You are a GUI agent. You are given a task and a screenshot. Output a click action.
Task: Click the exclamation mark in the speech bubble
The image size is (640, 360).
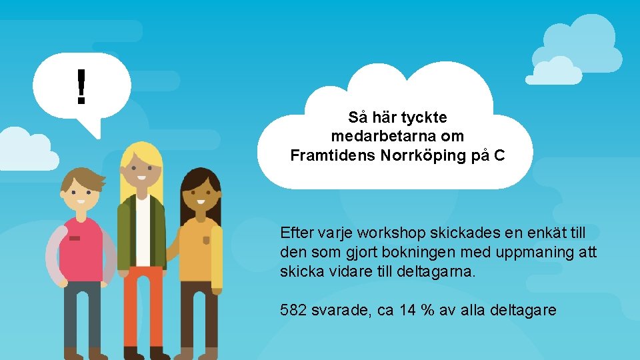81,87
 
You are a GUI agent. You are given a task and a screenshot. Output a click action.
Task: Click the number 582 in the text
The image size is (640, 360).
294,310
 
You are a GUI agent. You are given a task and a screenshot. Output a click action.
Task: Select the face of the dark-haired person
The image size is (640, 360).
200,197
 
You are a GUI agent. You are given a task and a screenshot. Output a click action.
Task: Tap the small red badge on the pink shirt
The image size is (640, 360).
74,238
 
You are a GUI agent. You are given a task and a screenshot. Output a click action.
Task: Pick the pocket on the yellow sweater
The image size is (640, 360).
207,240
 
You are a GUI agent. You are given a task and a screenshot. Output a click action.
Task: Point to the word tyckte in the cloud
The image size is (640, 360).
427,117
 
